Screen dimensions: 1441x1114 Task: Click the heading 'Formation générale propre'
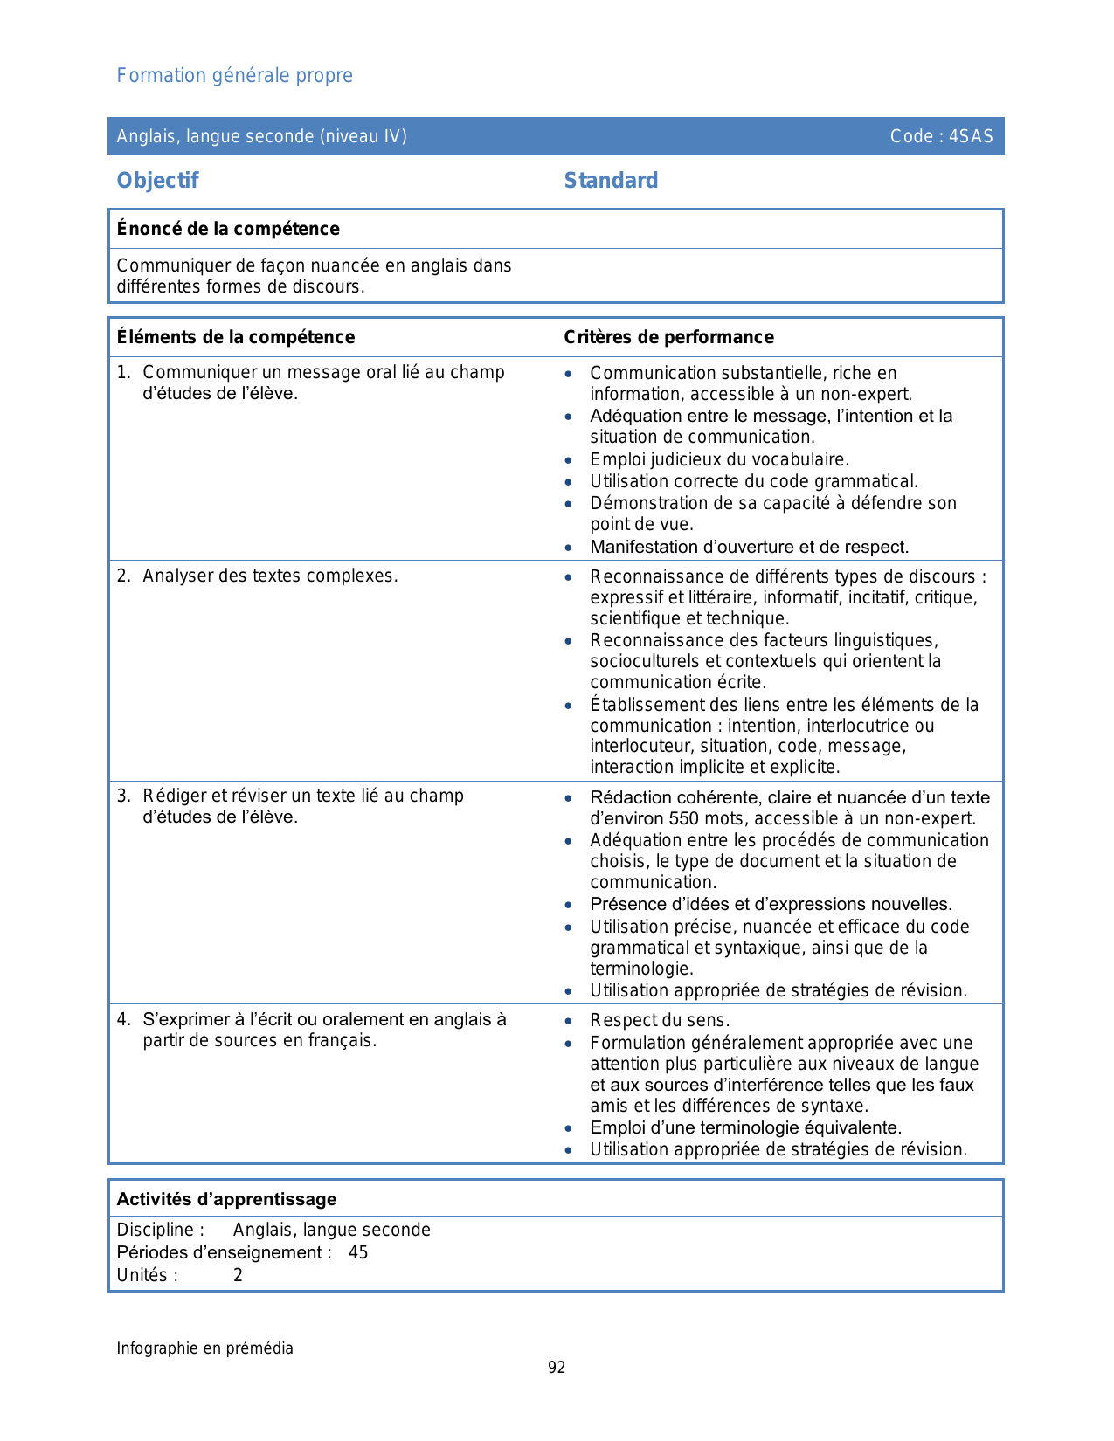tap(234, 76)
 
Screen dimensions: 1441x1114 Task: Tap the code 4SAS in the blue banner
tap(971, 136)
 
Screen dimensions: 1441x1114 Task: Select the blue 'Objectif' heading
tap(157, 181)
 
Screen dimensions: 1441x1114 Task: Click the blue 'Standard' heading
tap(611, 181)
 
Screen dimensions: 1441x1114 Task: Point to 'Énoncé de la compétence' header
tap(228, 229)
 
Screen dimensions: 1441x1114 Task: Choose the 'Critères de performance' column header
tap(668, 337)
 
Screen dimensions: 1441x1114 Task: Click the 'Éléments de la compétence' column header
tap(236, 337)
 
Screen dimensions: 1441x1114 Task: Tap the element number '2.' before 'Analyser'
tap(124, 576)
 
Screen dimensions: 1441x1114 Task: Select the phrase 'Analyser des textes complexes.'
tap(270, 576)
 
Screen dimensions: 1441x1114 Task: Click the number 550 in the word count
tap(684, 818)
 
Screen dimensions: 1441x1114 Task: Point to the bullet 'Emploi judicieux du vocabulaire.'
tap(719, 459)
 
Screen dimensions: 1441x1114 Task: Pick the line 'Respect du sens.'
tap(660, 1020)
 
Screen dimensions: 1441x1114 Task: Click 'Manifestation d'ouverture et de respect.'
tap(749, 547)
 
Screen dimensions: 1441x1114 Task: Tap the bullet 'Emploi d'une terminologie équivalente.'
tap(745, 1127)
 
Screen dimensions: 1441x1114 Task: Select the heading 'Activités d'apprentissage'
tap(226, 1199)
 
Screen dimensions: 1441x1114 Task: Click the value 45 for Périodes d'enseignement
tap(358, 1252)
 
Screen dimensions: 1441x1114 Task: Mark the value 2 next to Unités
tap(238, 1275)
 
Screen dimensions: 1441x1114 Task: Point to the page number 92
tap(557, 1368)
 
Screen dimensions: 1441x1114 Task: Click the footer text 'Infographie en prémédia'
tap(205, 1348)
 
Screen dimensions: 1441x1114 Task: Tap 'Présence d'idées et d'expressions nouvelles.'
tap(771, 904)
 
